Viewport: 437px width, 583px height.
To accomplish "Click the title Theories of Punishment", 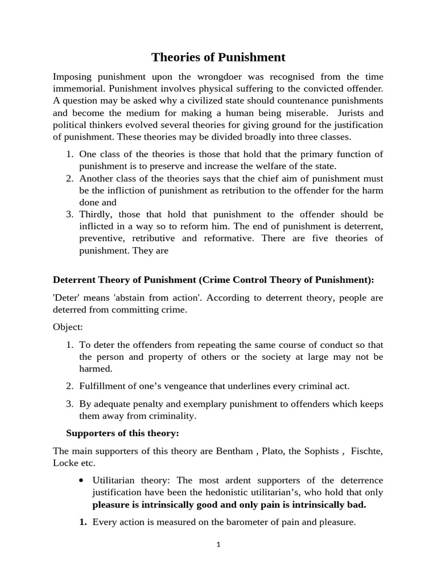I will click(218, 57).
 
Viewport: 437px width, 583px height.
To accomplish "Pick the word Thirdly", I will click(97, 214).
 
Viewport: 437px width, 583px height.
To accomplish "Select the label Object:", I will click(68, 327).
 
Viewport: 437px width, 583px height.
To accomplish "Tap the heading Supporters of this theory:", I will click(122, 433).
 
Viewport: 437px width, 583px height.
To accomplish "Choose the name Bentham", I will click(234, 451).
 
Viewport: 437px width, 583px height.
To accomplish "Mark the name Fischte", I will click(368, 451).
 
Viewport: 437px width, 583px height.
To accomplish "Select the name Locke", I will click(64, 463).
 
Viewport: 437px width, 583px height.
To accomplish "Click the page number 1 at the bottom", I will click(218, 544).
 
